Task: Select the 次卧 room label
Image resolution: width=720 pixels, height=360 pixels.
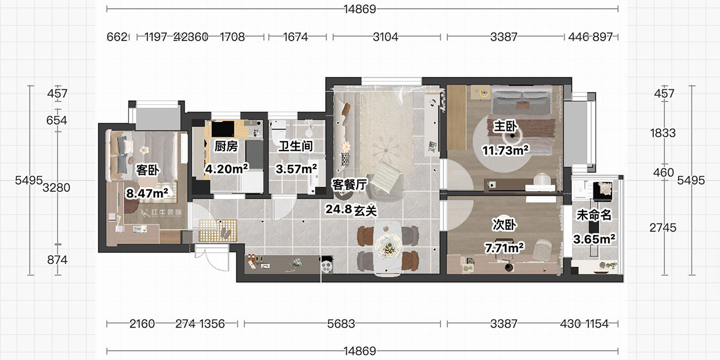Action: click(503, 224)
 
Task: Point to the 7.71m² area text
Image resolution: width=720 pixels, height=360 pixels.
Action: click(504, 247)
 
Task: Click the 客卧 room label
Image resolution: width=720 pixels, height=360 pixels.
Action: click(148, 170)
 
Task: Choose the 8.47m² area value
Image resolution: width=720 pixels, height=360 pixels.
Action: click(147, 193)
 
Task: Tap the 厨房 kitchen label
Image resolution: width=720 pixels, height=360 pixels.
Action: click(226, 146)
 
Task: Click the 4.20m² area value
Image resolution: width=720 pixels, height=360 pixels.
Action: click(227, 169)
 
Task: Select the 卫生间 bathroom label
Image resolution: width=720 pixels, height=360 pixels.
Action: click(296, 146)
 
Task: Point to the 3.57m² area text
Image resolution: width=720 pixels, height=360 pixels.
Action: click(296, 169)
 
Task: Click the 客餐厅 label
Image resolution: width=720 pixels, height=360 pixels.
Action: click(349, 185)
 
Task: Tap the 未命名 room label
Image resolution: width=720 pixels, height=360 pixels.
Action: click(593, 215)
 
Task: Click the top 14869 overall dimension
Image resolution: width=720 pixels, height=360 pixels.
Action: click(362, 9)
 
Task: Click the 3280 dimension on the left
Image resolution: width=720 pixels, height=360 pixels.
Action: click(57, 188)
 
